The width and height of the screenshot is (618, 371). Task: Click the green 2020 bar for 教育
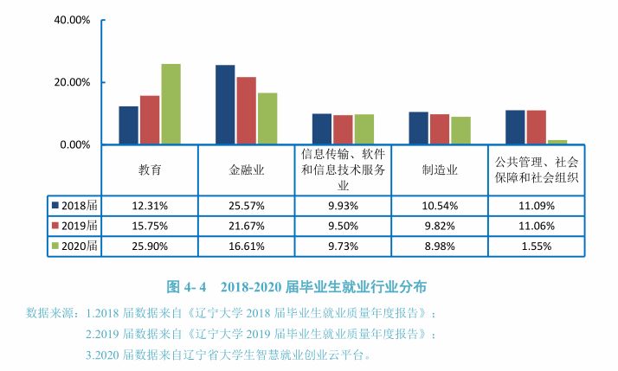tap(171, 105)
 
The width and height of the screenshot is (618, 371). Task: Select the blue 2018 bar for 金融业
tap(225, 106)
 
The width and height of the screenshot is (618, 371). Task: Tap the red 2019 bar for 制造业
tap(440, 129)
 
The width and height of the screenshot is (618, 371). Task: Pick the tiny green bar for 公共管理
tap(557, 142)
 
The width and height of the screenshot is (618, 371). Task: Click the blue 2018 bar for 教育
tap(128, 125)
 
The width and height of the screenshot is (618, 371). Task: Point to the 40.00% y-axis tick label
tap(72, 19)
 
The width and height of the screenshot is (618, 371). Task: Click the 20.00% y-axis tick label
tap(72, 82)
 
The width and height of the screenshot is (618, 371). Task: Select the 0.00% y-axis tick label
tap(74, 144)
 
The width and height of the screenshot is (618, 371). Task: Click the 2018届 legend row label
tap(80, 206)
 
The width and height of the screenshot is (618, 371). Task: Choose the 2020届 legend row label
tap(80, 246)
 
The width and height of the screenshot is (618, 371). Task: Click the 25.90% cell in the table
tap(150, 246)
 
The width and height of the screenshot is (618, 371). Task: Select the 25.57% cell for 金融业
tap(247, 206)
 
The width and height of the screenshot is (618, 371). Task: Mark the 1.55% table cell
tap(537, 246)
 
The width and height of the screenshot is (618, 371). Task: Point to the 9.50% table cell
tap(344, 226)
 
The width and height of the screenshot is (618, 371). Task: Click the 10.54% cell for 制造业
tap(440, 206)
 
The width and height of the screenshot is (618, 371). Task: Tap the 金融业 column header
tap(247, 170)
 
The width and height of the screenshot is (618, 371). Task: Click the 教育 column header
tap(150, 170)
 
